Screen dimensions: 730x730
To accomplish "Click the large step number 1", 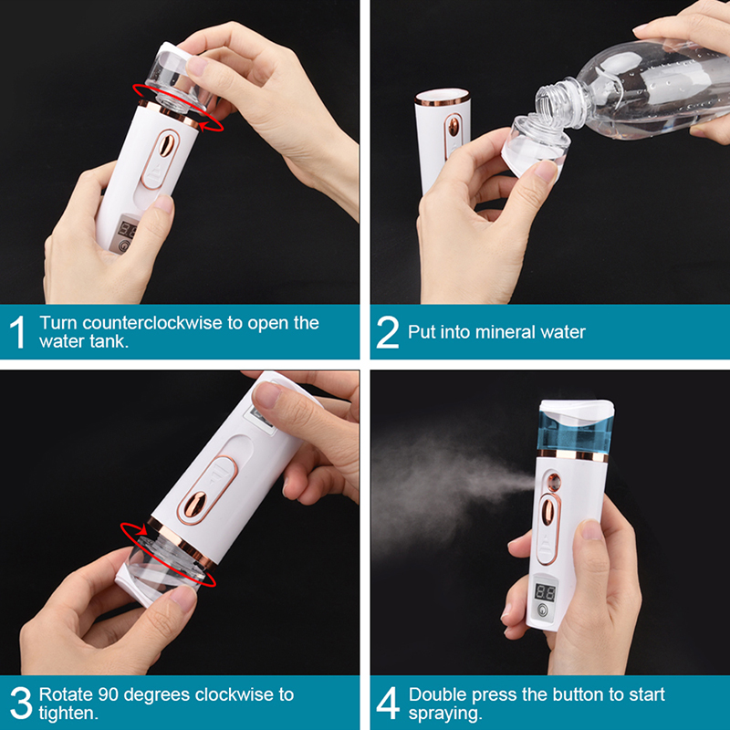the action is point(17,332).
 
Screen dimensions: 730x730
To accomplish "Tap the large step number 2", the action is point(387,332).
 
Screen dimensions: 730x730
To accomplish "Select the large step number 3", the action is point(21,703).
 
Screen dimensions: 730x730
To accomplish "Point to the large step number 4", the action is point(388,703).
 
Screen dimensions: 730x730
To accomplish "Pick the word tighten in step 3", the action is point(67,713).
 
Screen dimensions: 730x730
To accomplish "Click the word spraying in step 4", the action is point(443,714).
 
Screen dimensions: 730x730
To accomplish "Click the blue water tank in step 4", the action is point(576,432).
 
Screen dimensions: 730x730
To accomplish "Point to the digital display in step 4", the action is point(545,592).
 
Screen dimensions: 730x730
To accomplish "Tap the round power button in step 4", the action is point(542,610).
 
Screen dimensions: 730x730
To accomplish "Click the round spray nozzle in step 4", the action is point(554,482).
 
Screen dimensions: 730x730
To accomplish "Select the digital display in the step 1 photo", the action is point(128,229).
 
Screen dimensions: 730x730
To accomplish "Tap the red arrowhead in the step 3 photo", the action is point(141,530).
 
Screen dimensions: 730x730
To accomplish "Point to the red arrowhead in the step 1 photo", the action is point(203,125).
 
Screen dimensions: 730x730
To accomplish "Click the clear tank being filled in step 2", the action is point(536,147).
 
